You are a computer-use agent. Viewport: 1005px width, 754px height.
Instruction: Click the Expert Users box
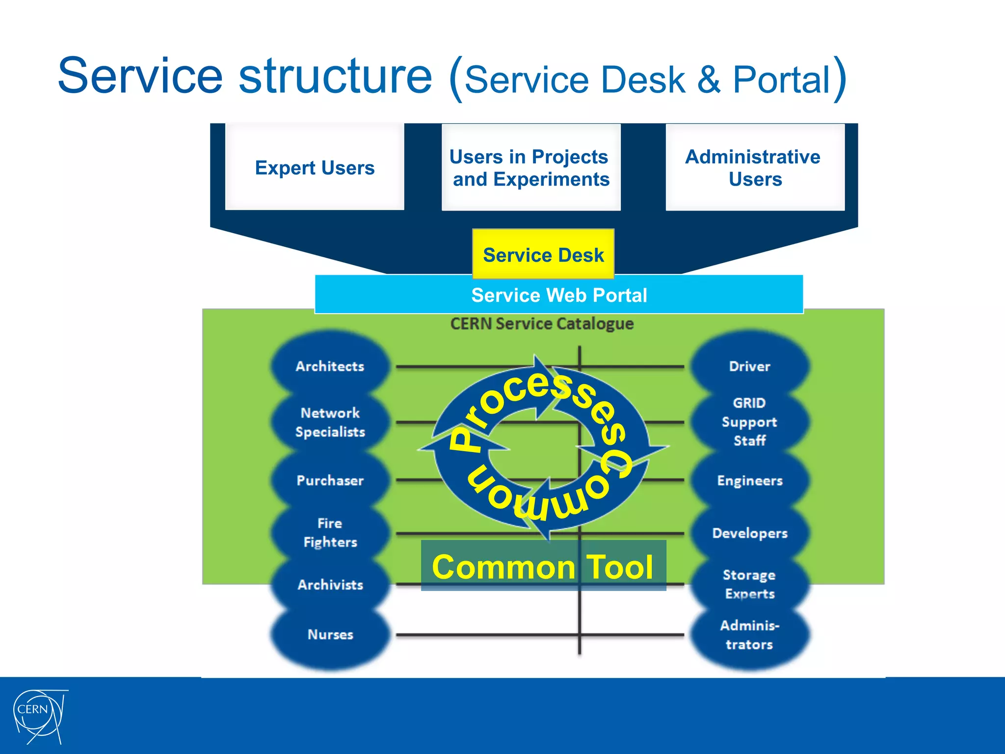tap(315, 167)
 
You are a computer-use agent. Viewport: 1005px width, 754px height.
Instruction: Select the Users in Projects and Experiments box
tap(530, 167)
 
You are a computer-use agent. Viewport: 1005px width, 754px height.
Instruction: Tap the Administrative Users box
tap(754, 167)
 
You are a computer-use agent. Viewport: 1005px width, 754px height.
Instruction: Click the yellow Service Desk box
tap(543, 254)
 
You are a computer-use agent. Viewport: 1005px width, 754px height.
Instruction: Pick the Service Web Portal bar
tap(558, 295)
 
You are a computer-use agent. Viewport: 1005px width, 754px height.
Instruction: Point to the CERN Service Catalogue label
tap(542, 323)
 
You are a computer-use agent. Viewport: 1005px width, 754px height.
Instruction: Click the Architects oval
tap(330, 366)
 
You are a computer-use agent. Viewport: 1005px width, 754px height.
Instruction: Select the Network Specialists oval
tap(330, 422)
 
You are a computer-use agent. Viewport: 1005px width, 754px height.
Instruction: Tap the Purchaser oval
tap(330, 480)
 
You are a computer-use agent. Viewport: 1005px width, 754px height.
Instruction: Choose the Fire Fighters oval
tap(330, 533)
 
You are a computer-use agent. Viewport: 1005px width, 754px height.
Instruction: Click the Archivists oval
tap(330, 584)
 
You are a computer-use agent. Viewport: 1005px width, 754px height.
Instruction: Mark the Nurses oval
tap(330, 634)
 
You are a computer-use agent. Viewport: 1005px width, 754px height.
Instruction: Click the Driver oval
tap(749, 366)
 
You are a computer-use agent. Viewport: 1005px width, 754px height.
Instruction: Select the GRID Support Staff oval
tap(749, 422)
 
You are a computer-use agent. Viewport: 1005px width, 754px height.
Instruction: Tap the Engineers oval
tap(749, 480)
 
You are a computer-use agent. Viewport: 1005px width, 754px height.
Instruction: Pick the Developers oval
tap(749, 533)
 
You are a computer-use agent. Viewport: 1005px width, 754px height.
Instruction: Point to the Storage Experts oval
tap(749, 584)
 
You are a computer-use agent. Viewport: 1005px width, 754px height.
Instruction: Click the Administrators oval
tap(749, 635)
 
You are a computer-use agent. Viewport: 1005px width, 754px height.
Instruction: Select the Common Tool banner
tap(543, 566)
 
